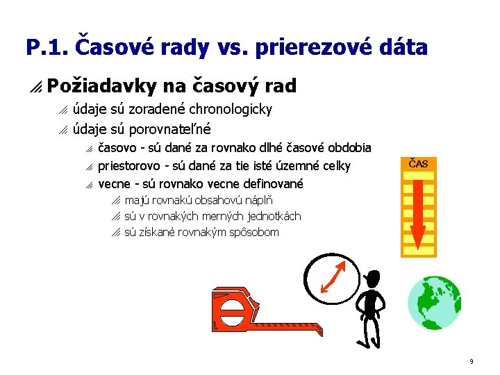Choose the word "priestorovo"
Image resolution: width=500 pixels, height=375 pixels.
[x=129, y=165]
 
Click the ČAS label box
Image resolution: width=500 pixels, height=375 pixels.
[x=418, y=164]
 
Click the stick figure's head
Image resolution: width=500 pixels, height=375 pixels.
[x=372, y=278]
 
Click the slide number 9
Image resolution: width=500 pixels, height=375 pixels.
[x=472, y=361]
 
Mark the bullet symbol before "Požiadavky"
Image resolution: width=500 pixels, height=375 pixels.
[x=35, y=87]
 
